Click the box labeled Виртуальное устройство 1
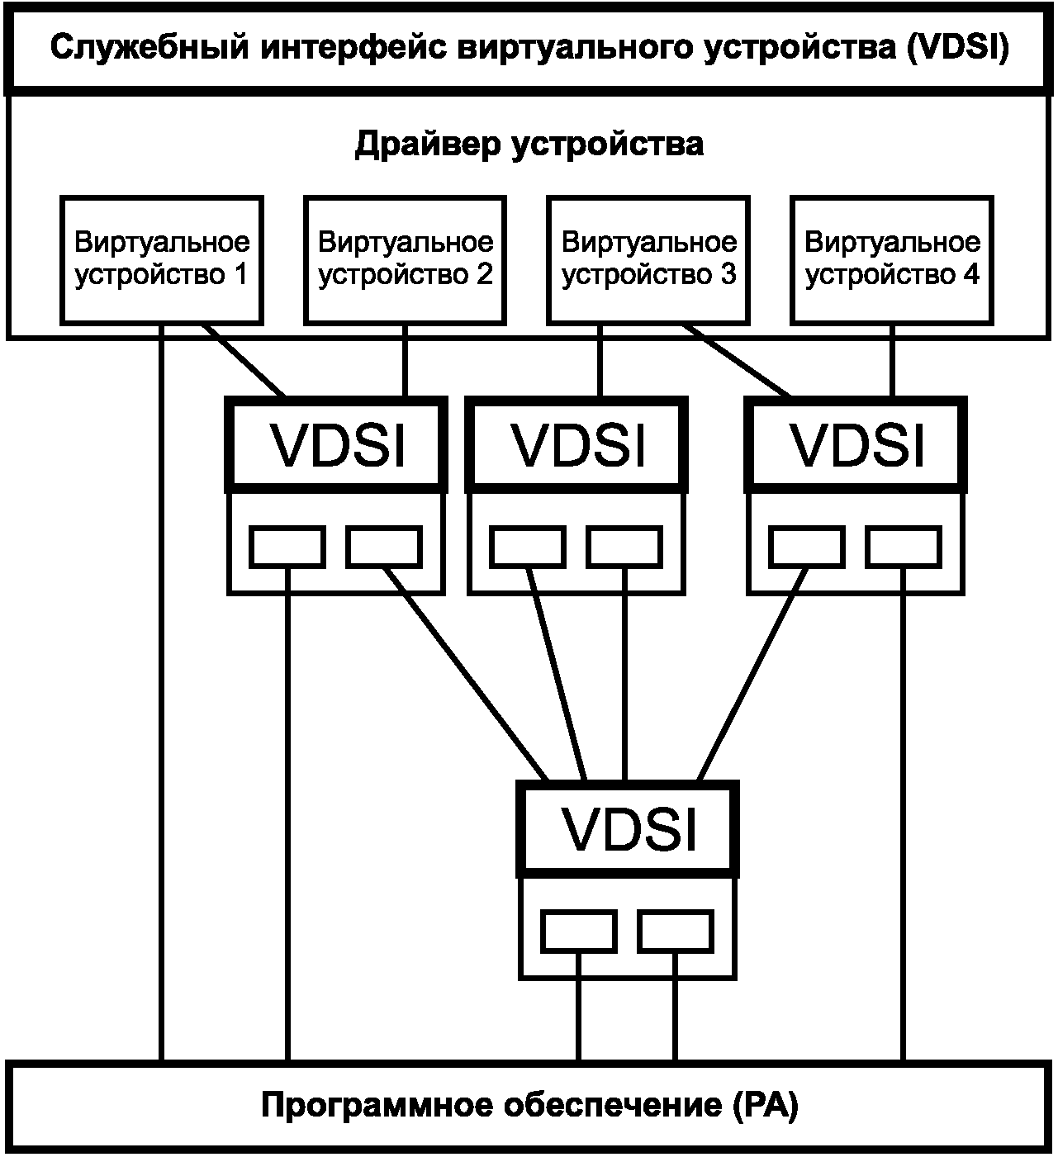tap(162, 259)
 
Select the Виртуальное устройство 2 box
tap(405, 259)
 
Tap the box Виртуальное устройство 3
tap(648, 259)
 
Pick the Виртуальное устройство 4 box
tap(892, 259)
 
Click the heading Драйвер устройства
tap(529, 145)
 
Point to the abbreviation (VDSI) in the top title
tap(957, 47)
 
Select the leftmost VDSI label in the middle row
tap(337, 444)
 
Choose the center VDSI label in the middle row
tap(577, 444)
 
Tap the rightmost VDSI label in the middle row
tap(856, 444)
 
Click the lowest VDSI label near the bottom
tap(628, 828)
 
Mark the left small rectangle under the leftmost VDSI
tap(287, 547)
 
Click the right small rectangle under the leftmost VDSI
tap(383, 547)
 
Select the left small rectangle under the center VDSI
tap(528, 547)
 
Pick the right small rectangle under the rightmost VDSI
tap(904, 547)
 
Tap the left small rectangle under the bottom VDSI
tap(578, 931)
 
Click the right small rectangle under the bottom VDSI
tap(675, 931)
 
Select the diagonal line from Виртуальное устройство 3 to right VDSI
tap(738, 361)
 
